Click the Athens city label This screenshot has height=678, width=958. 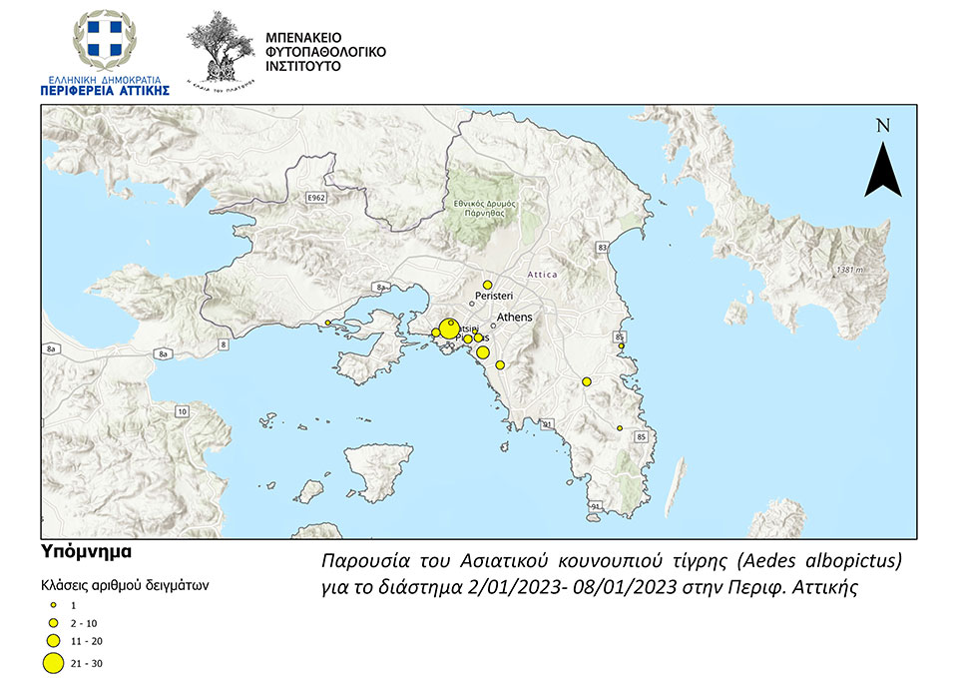(515, 318)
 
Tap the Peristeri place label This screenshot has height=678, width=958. (494, 298)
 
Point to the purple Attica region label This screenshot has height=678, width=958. (545, 274)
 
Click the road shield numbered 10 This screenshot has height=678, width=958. (181, 411)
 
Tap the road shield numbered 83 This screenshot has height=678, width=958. (601, 246)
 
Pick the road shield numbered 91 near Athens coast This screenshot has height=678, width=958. (548, 424)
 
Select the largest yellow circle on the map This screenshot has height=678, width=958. (450, 329)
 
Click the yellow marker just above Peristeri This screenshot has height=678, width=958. (487, 286)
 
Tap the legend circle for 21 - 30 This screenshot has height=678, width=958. (54, 661)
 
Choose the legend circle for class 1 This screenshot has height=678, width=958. (54, 605)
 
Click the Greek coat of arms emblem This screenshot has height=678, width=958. (104, 42)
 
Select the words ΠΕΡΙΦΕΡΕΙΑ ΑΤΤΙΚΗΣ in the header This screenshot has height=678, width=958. (105, 90)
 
